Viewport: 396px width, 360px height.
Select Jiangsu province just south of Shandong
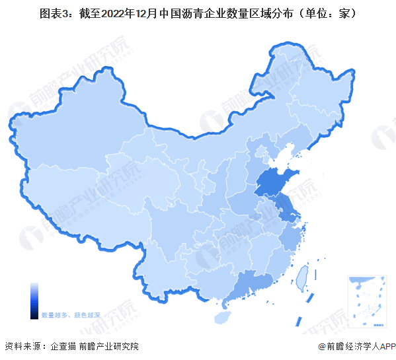tap(286, 211)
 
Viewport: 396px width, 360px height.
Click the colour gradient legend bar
tap(34, 300)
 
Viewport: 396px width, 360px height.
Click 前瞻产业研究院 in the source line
tap(108, 346)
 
